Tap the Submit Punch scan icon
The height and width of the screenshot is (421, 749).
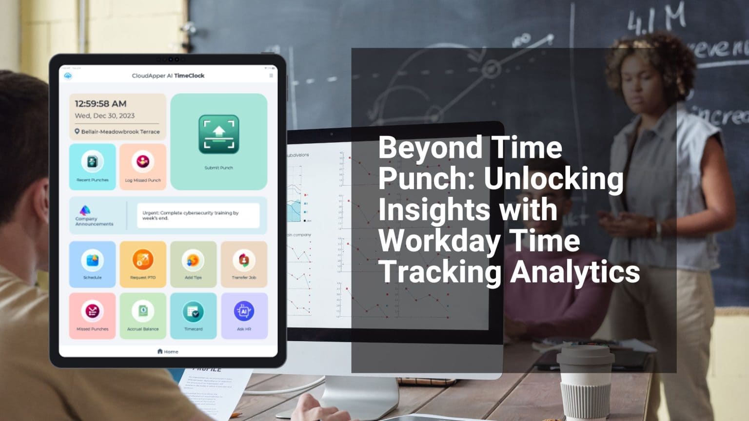click(218, 134)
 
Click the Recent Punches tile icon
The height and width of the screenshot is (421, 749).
click(92, 161)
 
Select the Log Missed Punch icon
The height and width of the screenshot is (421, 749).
click(143, 161)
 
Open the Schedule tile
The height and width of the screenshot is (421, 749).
click(92, 264)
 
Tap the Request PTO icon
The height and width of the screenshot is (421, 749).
click(143, 260)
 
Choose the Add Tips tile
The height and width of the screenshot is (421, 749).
click(193, 264)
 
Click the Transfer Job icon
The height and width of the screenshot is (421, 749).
click(244, 260)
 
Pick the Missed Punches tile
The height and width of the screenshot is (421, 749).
click(92, 315)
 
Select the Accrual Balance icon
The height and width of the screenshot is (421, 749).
click(143, 311)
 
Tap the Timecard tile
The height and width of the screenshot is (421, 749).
click(193, 315)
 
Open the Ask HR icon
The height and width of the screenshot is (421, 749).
click(244, 311)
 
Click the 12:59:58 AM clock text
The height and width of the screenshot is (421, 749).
click(100, 104)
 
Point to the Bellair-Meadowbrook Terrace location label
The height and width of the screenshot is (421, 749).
click(120, 132)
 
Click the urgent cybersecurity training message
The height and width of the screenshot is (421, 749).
click(197, 215)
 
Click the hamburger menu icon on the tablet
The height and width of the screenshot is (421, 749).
click(271, 76)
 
